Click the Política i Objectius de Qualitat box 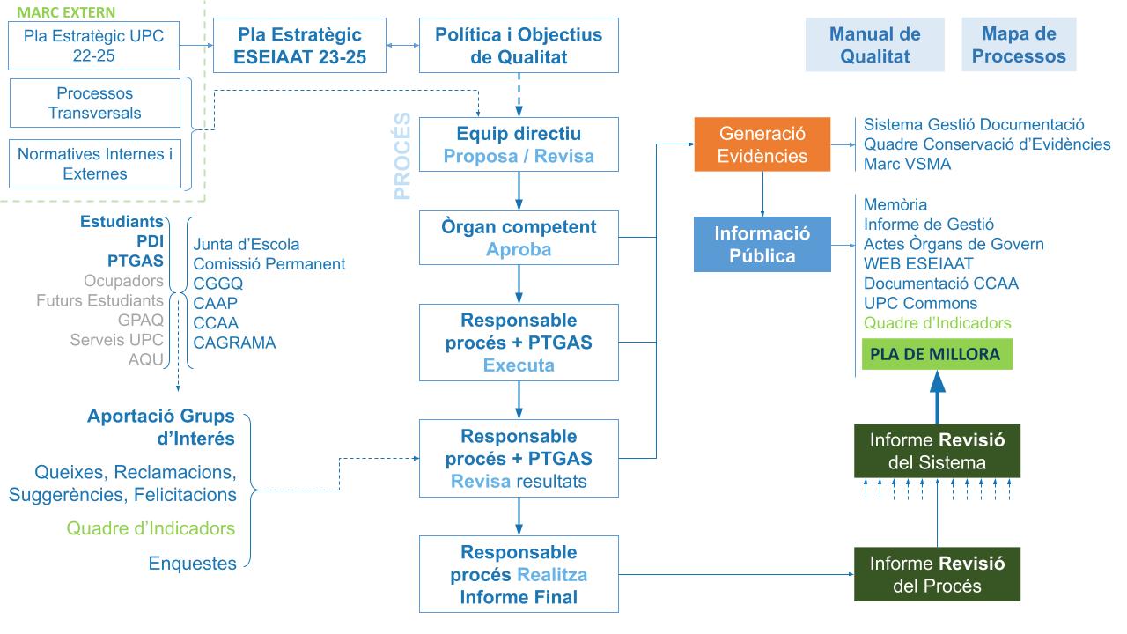pyautogui.click(x=519, y=47)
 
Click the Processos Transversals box pyautogui.click(x=94, y=103)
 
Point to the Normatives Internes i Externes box pyautogui.click(x=95, y=164)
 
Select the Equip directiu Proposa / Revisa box pyautogui.click(x=519, y=145)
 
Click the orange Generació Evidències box pyautogui.click(x=763, y=144)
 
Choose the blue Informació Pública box pyautogui.click(x=763, y=245)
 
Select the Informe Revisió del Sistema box pyautogui.click(x=937, y=451)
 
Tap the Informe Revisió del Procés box pyautogui.click(x=937, y=573)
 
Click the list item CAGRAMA pyautogui.click(x=234, y=343)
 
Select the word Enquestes pyautogui.click(x=192, y=564)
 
